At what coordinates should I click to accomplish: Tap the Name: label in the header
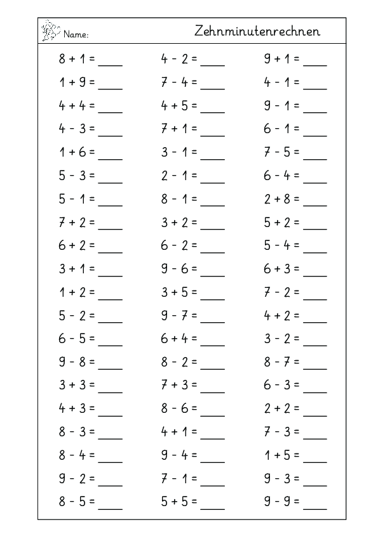[x=76, y=34]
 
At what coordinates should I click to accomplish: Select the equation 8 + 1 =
[x=77, y=61]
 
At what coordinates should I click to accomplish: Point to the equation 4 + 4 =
[x=77, y=105]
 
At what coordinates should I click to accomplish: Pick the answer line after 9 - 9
[x=316, y=509]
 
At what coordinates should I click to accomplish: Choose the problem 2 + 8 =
[x=282, y=200]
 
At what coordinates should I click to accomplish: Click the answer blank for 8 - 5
[x=111, y=509]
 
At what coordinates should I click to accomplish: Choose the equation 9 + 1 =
[x=282, y=61]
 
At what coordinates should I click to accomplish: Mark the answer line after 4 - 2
[x=213, y=65]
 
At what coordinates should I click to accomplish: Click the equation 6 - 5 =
[x=77, y=341]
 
